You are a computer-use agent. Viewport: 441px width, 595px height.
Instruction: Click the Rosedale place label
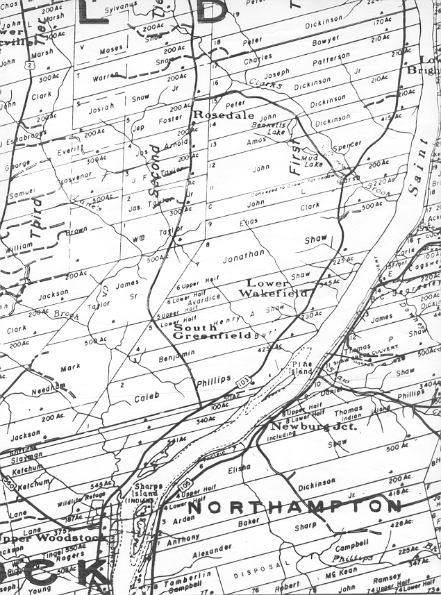point(224,115)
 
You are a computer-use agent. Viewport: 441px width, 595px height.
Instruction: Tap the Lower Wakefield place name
point(273,288)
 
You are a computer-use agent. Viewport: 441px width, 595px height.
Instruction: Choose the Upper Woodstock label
point(54,538)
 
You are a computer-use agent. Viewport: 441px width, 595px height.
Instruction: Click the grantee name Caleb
point(147,395)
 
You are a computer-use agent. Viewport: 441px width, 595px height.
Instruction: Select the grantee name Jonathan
point(243,255)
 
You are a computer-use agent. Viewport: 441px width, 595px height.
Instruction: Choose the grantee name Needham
point(48,387)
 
